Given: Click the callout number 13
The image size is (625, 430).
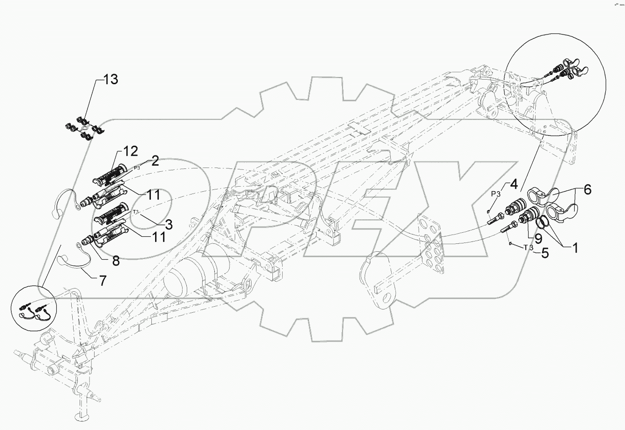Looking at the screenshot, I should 110,80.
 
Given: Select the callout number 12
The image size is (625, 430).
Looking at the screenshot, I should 131,152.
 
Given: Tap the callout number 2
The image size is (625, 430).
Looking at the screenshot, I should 155,161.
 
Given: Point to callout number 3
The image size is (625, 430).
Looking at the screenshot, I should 168,224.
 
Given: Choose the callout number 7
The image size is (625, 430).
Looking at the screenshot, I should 101,281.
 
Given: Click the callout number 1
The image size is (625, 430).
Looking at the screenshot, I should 575,248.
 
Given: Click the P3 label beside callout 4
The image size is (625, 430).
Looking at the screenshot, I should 496,194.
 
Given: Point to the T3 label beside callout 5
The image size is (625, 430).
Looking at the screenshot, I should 528,248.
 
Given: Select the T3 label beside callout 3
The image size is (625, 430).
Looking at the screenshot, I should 136,212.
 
